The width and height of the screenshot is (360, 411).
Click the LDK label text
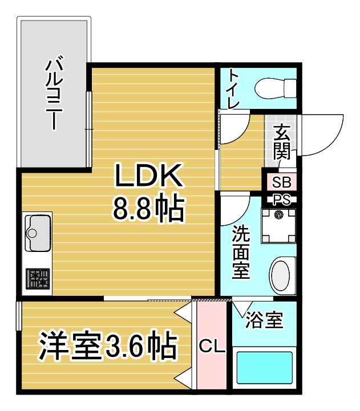click(148, 175)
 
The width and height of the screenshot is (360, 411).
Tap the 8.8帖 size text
click(149, 207)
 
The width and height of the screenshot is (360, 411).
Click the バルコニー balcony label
click(54, 92)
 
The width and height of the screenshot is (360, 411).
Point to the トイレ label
click(233, 89)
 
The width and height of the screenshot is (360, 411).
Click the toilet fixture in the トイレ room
click(276, 88)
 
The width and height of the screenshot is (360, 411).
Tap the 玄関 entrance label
click(281, 142)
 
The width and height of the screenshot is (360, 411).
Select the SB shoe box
click(282, 182)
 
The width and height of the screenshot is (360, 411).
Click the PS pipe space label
click(282, 200)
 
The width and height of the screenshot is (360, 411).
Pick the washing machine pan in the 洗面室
click(278, 226)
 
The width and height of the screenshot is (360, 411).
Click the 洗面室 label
click(241, 253)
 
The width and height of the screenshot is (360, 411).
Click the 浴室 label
click(265, 320)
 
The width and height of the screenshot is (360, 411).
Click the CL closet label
click(212, 346)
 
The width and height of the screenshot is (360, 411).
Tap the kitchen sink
click(38, 233)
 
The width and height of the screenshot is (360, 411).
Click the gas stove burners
click(38, 279)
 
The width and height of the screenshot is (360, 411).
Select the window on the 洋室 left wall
click(19, 316)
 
